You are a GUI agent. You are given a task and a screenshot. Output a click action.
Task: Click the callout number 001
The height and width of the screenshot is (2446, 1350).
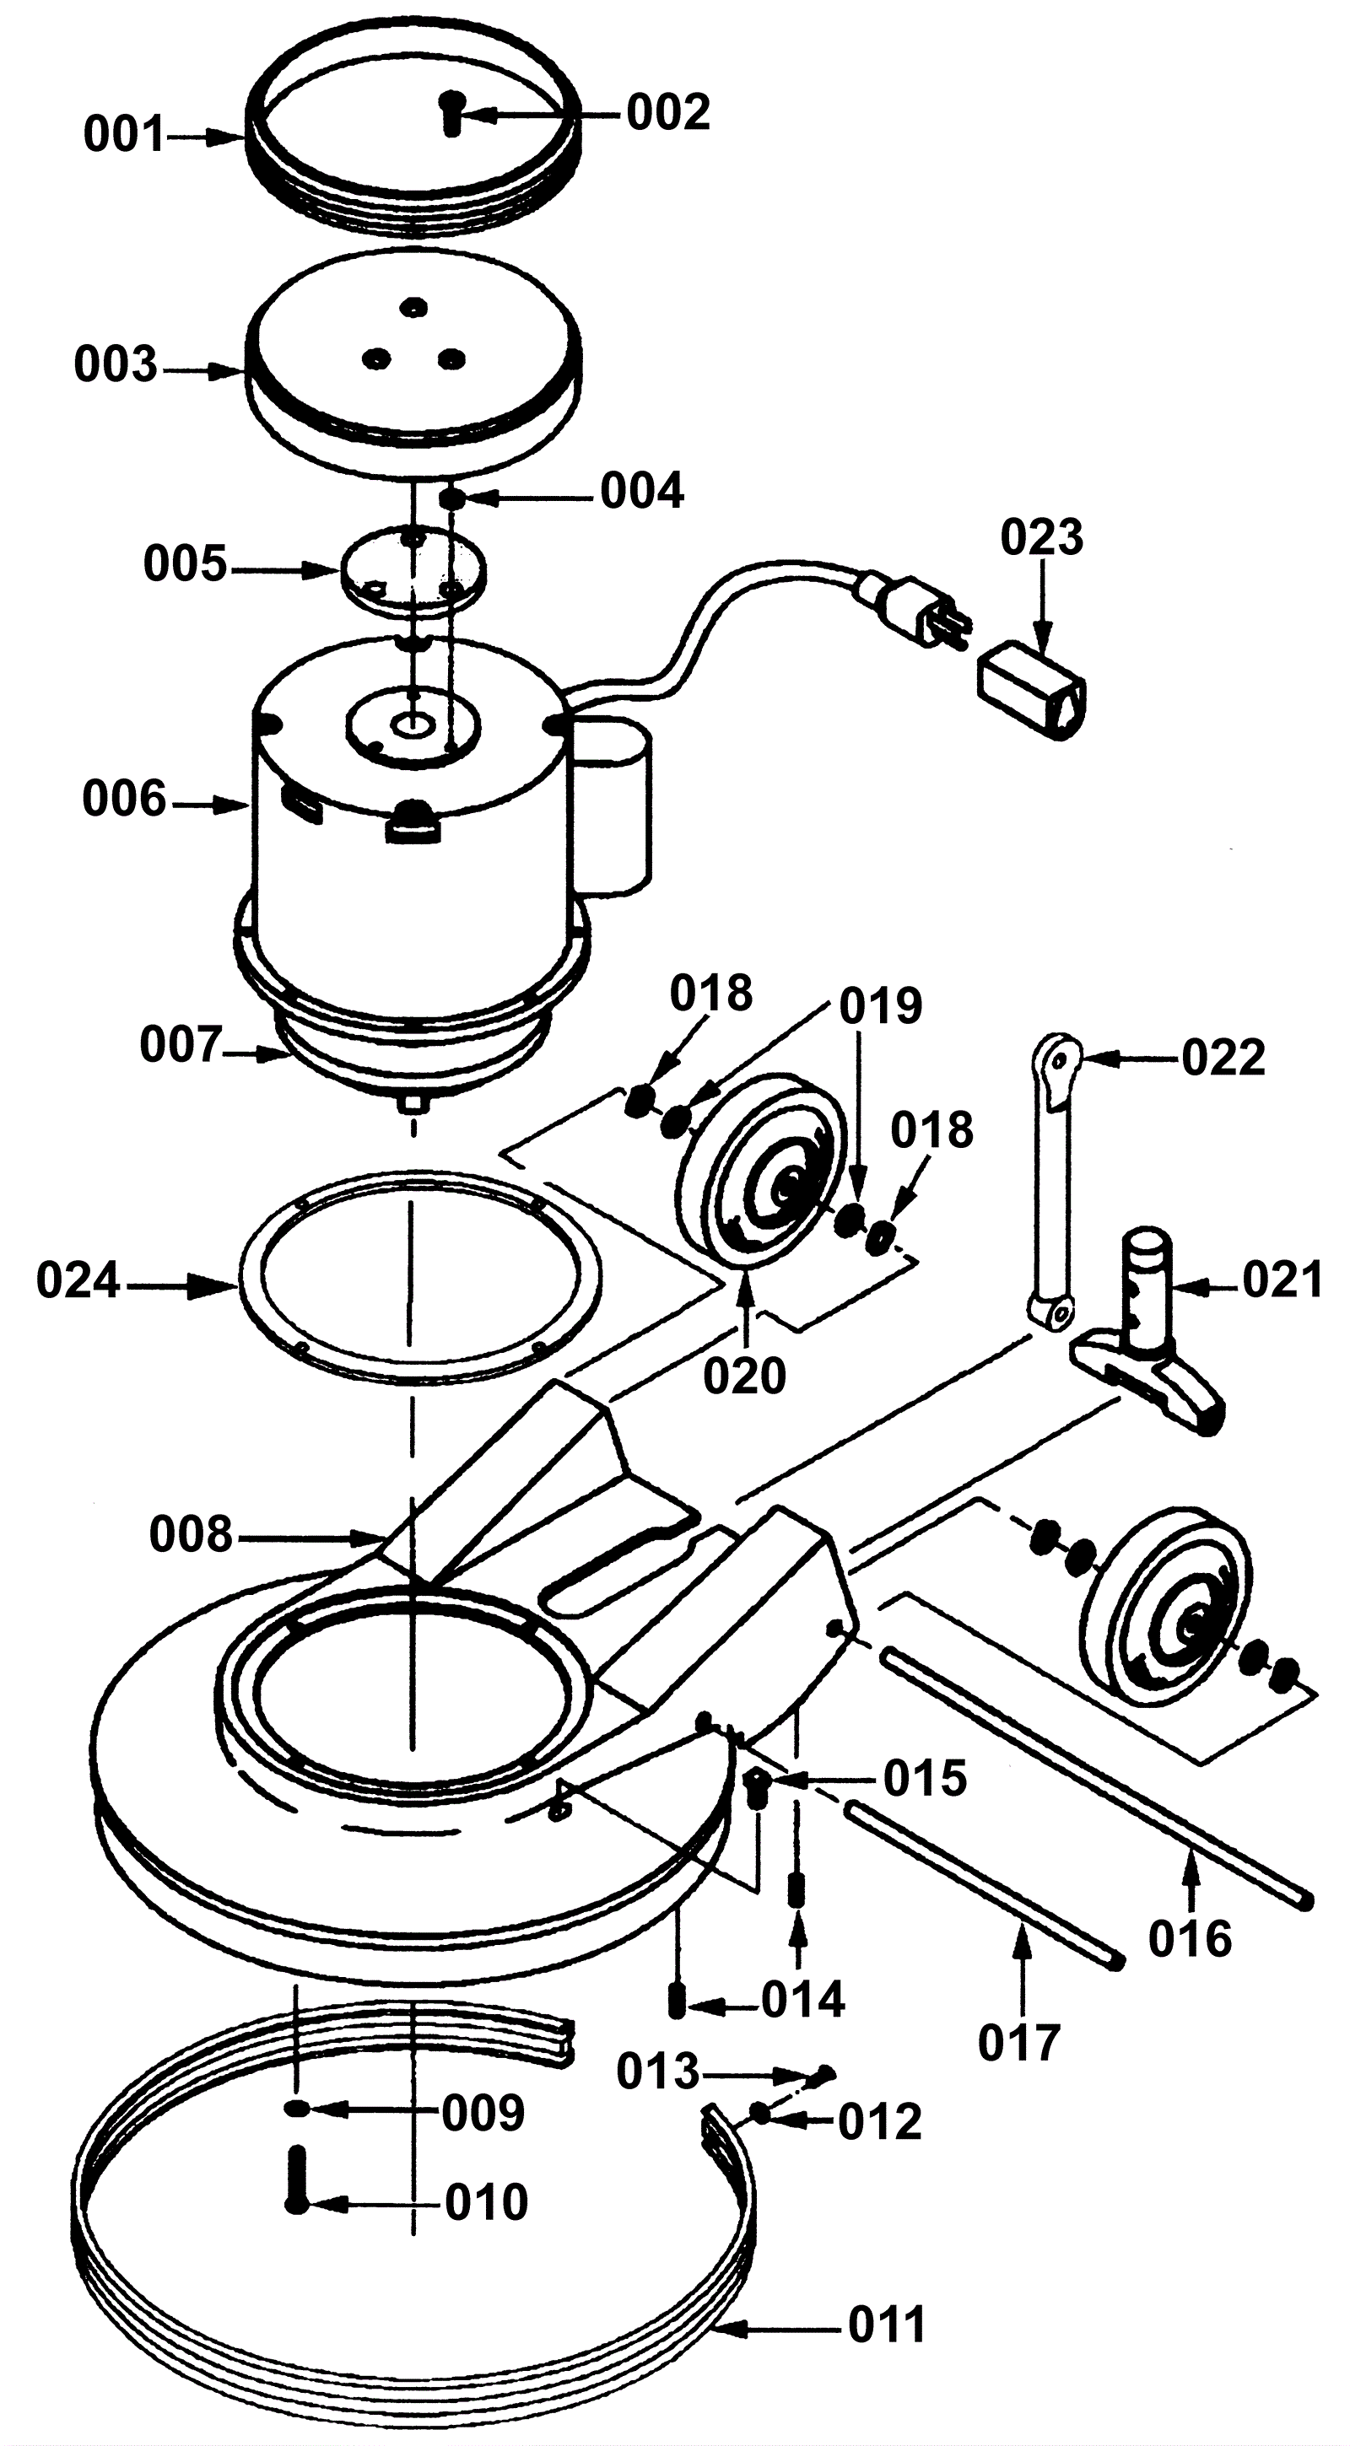coord(125,135)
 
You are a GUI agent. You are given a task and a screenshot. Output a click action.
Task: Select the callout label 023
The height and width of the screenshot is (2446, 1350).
coord(1041,537)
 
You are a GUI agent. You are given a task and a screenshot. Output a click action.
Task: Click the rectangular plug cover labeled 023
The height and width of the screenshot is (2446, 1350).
coord(1034,689)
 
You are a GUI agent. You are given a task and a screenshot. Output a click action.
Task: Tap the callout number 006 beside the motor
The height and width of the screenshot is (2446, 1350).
coord(123,799)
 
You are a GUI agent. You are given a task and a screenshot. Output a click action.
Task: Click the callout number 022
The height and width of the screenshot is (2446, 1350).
coord(1223,1057)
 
